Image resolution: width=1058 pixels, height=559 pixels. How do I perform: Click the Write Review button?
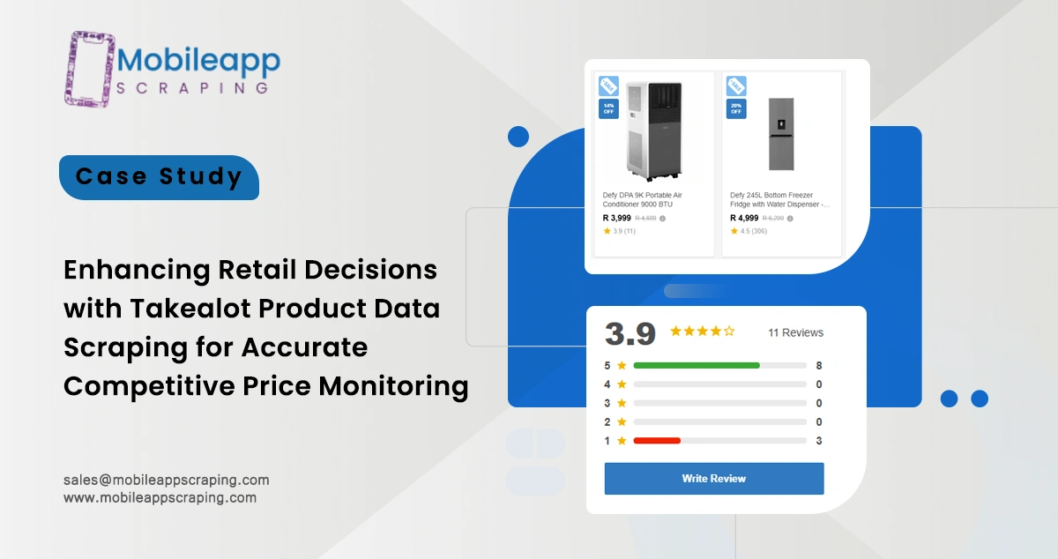[x=713, y=479]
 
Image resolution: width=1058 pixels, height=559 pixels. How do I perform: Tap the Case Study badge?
[x=159, y=176]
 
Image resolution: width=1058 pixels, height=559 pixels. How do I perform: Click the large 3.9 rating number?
[x=630, y=333]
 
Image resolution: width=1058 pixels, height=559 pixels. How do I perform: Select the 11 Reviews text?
[x=795, y=332]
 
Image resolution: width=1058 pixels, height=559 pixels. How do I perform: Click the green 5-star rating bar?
[x=697, y=365]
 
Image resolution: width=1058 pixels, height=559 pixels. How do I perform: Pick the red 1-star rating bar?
[x=657, y=441]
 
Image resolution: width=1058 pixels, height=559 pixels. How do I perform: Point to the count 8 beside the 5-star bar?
[x=819, y=365]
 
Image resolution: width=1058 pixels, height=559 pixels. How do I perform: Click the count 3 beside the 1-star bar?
[x=819, y=441]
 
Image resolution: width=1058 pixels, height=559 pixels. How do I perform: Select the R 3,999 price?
[x=616, y=218]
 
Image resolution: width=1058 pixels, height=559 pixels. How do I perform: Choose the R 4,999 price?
[x=744, y=218]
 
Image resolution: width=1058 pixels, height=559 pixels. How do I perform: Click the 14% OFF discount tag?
[x=608, y=108]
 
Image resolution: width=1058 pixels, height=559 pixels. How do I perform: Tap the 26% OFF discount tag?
[x=736, y=108]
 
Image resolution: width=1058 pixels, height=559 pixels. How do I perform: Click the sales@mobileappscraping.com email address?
[x=167, y=480]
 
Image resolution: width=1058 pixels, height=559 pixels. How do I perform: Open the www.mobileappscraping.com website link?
[x=160, y=497]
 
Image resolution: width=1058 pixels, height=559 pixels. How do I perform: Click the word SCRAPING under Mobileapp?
[x=192, y=88]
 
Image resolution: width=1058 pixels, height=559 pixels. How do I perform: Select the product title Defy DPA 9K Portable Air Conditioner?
[x=643, y=199]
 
